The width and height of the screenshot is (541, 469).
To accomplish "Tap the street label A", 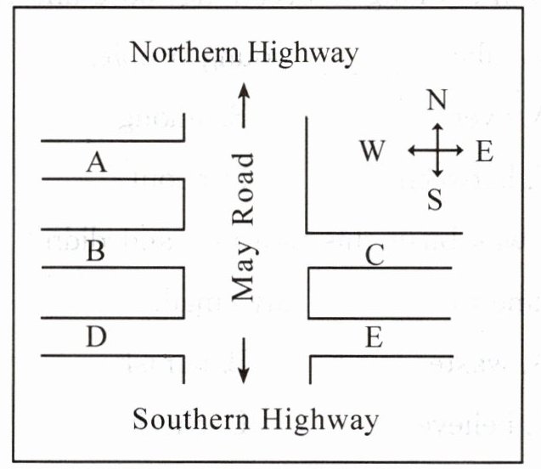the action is pos(98,162).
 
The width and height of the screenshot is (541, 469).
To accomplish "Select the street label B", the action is pos(96,252).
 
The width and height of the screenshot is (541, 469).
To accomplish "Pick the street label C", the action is pos(375,254).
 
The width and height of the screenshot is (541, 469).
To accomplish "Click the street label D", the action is pos(96,338).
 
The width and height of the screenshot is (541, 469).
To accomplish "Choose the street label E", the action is pos(374,338).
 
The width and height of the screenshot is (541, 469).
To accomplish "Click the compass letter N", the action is pos(437,101).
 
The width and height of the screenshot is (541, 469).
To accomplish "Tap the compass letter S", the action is pos(436,201).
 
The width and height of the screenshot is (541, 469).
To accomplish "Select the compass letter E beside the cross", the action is pos(484,152).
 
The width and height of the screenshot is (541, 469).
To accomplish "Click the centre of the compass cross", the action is pos(437,150).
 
